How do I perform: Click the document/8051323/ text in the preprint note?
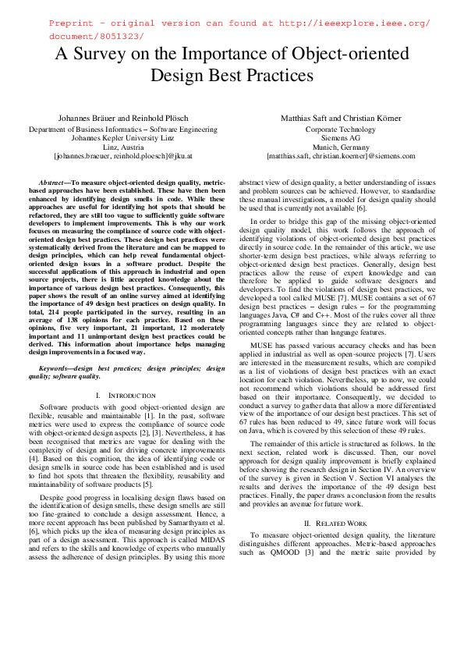click(96, 37)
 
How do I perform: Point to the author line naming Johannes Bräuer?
click(122, 117)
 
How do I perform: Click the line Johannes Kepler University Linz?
click(122, 137)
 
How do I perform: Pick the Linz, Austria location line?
click(122, 146)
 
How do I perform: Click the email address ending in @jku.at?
click(122, 155)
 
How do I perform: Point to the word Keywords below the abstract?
click(55, 368)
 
